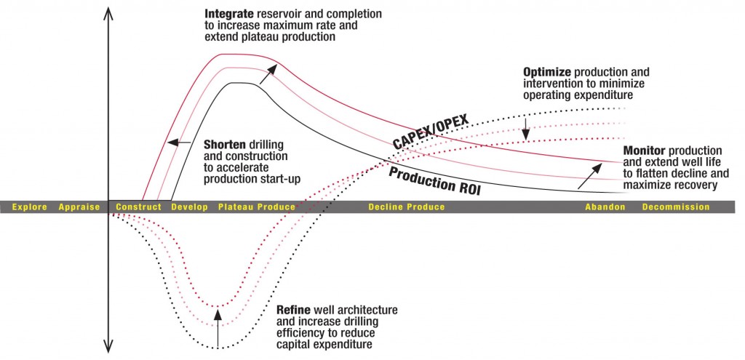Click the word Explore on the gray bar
29,207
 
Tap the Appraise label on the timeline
79,207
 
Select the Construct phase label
138,207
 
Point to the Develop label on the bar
189,207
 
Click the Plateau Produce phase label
257,207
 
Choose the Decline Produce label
406,207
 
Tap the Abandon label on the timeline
605,207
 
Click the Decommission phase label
675,207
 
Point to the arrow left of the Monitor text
590,175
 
